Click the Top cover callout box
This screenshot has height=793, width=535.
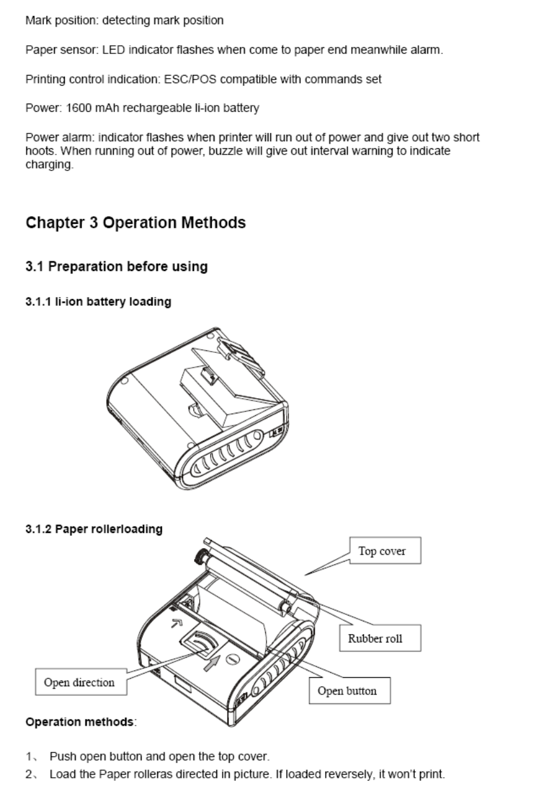tap(381, 551)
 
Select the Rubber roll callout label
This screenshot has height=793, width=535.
tap(375, 638)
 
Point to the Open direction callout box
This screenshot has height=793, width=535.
tap(80, 683)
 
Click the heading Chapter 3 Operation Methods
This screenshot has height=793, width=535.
tap(135, 223)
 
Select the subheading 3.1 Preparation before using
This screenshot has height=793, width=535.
tap(116, 267)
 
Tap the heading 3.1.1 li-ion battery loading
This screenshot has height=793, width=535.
tap(98, 302)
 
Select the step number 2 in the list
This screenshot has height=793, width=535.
tap(29, 775)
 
